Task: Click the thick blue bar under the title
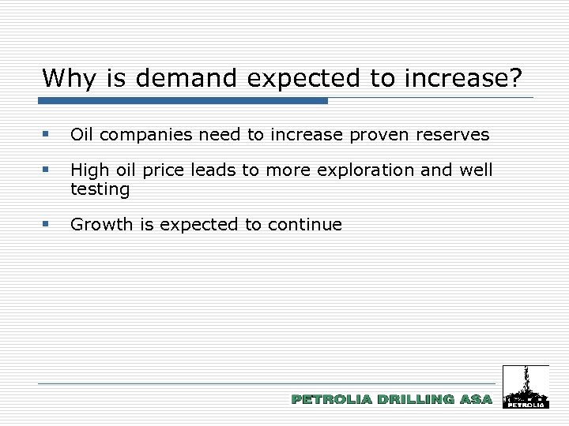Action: click(183, 101)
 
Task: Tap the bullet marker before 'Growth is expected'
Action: click(48, 225)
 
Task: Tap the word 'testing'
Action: click(100, 189)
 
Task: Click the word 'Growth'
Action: click(102, 225)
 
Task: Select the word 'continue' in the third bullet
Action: click(304, 225)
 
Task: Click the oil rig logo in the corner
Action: click(526, 387)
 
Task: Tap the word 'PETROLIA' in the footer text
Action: click(332, 400)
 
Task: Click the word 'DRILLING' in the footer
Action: click(416, 400)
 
